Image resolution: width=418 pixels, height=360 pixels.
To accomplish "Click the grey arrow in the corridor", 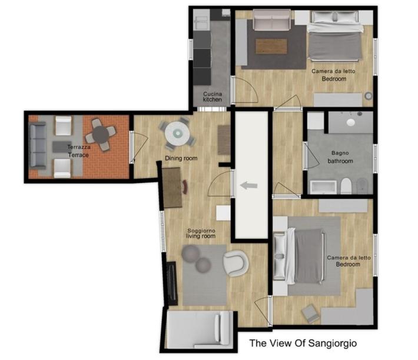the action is pyautogui.click(x=249, y=185).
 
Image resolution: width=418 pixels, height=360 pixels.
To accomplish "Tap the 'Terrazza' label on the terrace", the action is pyautogui.click(x=79, y=147).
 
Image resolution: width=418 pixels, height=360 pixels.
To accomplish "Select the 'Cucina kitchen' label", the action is pyautogui.click(x=213, y=96).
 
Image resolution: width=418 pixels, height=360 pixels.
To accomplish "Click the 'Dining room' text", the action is pyautogui.click(x=181, y=158).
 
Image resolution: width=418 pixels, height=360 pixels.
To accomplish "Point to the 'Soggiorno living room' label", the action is pyautogui.click(x=201, y=234).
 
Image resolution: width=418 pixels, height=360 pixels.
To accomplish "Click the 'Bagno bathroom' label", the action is pyautogui.click(x=340, y=157).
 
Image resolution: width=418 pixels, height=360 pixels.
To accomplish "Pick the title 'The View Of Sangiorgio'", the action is pyautogui.click(x=303, y=343).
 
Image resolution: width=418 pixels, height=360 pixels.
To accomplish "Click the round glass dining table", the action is pyautogui.click(x=177, y=134).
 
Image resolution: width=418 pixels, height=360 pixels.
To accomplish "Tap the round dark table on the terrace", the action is pyautogui.click(x=101, y=135).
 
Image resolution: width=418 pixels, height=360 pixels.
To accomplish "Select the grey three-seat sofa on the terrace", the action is pyautogui.click(x=37, y=145).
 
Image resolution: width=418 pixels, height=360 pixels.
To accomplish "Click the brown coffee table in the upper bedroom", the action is pyautogui.click(x=271, y=46).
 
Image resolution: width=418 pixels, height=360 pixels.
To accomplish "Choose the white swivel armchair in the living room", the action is pyautogui.click(x=235, y=263).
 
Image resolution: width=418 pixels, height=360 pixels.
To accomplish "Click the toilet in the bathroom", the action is pyautogui.click(x=346, y=186).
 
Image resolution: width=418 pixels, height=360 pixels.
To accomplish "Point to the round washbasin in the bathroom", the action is pyautogui.click(x=351, y=122).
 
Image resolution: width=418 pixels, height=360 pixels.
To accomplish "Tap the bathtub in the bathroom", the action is pyautogui.click(x=323, y=187).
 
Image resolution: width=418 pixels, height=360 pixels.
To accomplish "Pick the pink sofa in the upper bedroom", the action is pyautogui.click(x=271, y=20).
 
